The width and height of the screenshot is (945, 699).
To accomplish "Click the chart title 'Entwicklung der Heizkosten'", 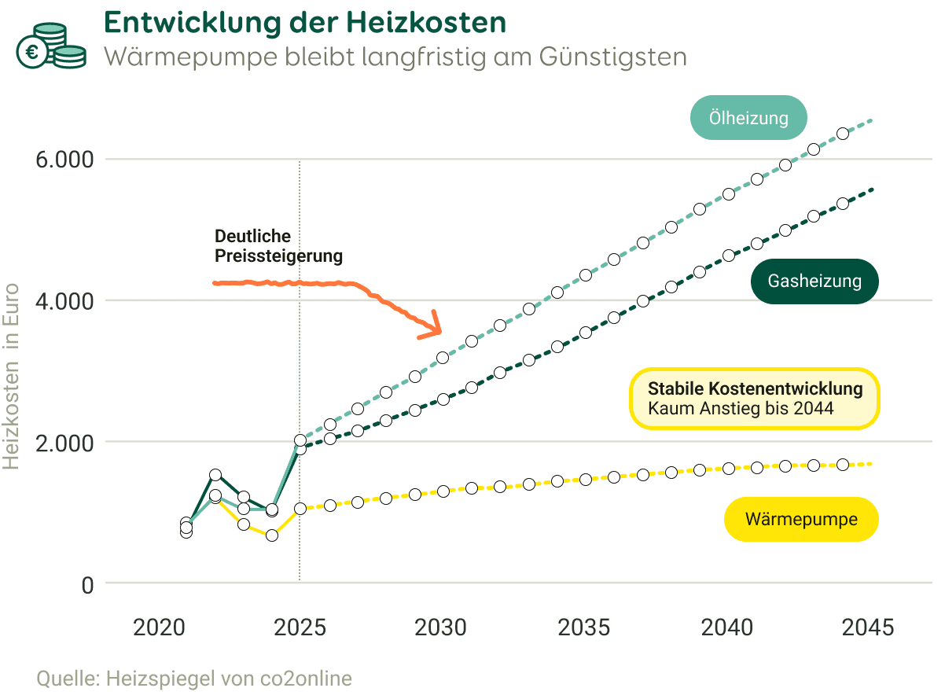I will (x=304, y=23).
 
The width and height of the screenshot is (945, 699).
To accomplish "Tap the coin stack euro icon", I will (x=51, y=46).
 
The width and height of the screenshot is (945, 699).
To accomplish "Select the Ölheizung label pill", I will (x=748, y=118).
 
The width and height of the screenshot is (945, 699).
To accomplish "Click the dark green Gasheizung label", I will (x=814, y=281).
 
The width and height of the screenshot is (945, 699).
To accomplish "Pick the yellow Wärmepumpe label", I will (x=800, y=519).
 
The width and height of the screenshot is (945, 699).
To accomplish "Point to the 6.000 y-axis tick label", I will (x=66, y=160).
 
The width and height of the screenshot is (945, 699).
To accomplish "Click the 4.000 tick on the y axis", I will (x=66, y=301).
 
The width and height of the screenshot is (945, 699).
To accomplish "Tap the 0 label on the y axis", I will (x=86, y=585).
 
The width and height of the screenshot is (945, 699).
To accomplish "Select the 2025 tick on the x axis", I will (x=300, y=627).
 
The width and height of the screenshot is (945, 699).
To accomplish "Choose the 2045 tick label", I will (x=867, y=627).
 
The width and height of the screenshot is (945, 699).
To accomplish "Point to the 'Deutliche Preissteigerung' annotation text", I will (x=278, y=246).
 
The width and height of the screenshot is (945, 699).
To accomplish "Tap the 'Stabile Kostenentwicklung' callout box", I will (x=754, y=399).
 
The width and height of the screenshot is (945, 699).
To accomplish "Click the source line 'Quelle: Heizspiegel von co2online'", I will (x=194, y=678).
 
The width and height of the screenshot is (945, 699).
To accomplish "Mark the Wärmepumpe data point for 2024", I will (x=272, y=535).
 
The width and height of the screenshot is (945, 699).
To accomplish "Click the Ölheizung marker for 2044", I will (x=843, y=133).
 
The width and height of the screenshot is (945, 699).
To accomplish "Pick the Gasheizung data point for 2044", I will (x=843, y=204).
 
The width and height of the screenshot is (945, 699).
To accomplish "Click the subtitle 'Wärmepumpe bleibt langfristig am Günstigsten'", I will (x=395, y=57).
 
